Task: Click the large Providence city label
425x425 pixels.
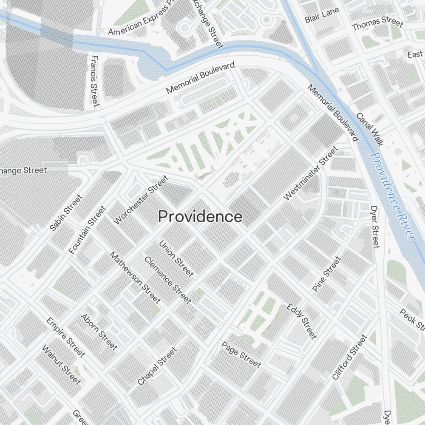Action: pos(200,217)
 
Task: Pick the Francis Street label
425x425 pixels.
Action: pos(95,81)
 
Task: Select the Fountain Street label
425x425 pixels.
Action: pos(87,230)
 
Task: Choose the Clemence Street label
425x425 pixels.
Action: pos(167,280)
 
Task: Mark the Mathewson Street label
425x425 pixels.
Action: pos(135,278)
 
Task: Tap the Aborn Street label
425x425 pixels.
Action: pos(99,332)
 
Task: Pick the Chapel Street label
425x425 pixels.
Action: pos(157,366)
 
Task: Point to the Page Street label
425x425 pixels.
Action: pos(241,354)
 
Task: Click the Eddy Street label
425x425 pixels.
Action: pos(302,321)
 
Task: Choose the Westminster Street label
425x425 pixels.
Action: pos(311,173)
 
